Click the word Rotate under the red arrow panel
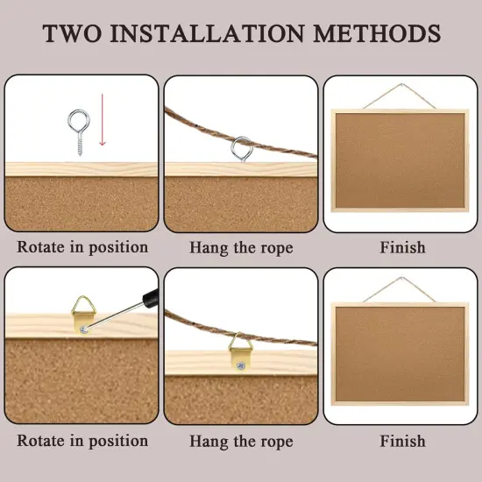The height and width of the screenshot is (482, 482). pos(40,247)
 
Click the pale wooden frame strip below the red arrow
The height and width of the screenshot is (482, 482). pos(82,169)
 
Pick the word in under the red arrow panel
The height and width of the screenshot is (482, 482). pos(77,247)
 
